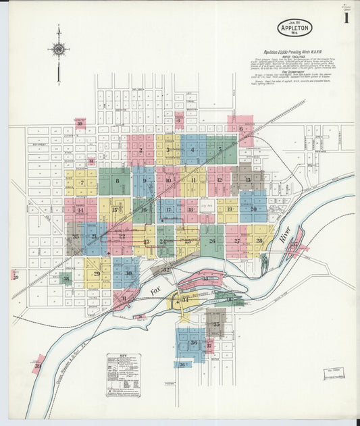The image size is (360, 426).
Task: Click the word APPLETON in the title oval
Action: pyautogui.click(x=294, y=29)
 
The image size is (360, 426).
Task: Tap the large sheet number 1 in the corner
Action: pyautogui.click(x=346, y=18)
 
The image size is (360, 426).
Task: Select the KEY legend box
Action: pyautogui.click(x=123, y=373)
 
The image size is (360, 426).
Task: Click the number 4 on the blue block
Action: pyautogui.click(x=192, y=150)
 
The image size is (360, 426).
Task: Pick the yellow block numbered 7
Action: pyautogui.click(x=82, y=182)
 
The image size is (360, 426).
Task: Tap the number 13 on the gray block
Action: pyautogui.click(x=248, y=180)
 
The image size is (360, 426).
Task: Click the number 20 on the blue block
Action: pyautogui.click(x=253, y=209)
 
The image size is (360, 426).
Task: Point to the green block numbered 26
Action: pyautogui.click(x=212, y=241)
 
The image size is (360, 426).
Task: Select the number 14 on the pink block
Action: pyautogui.click(x=80, y=211)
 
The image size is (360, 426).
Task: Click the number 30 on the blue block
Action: pyautogui.click(x=128, y=273)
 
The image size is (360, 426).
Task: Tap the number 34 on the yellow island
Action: pyautogui.click(x=184, y=299)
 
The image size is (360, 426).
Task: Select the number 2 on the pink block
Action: pyautogui.click(x=140, y=150)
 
